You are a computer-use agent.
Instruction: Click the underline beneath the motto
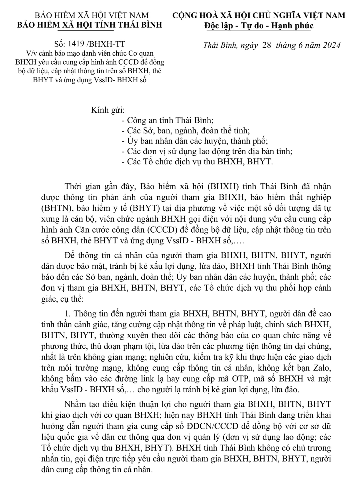pos(259,31)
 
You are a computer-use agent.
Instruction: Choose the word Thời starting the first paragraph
pos(73,186)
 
